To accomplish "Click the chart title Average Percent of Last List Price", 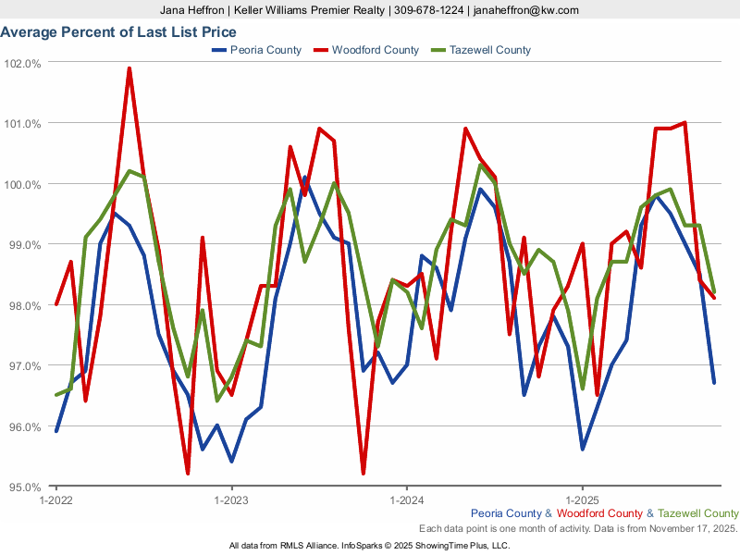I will tap(118, 32).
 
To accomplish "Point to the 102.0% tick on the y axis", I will tap(22, 64).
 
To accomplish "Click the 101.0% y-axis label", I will tap(22, 124).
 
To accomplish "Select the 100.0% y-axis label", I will tap(22, 185).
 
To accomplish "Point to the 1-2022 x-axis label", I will tap(56, 500).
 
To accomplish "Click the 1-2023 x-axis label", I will tap(231, 500).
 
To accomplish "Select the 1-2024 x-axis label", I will tap(406, 500).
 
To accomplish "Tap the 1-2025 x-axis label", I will tap(582, 500).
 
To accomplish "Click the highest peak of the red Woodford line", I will tap(129, 68).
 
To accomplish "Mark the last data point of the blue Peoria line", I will tap(714, 382).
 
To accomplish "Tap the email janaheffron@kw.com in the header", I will tap(524, 10).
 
